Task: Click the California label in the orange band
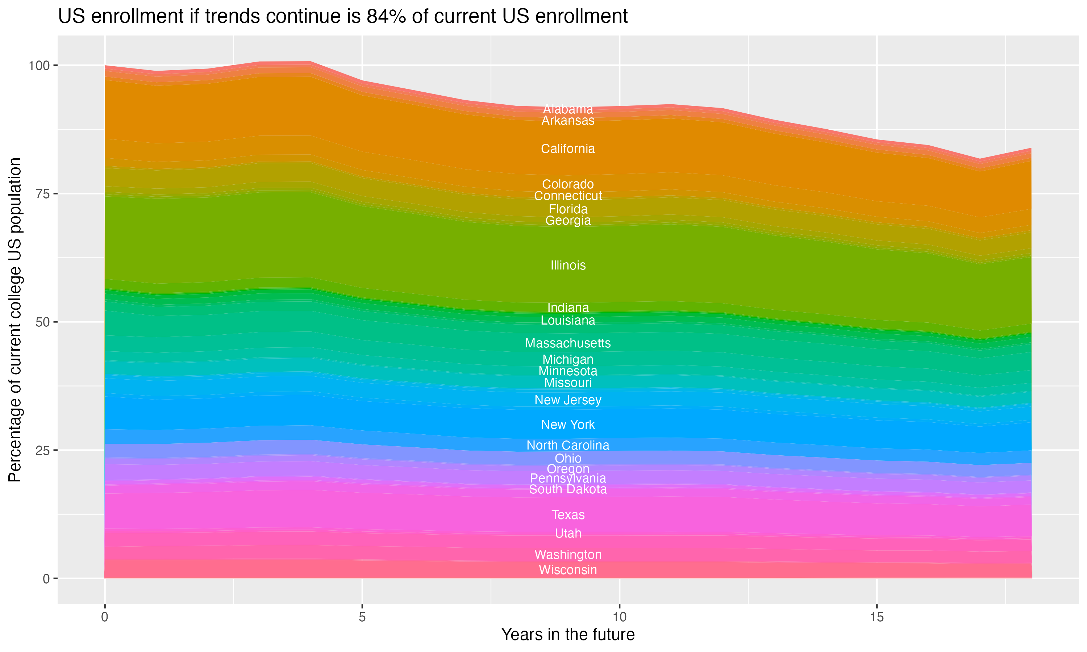[568, 149]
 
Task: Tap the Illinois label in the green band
[568, 266]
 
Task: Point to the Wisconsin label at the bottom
[568, 570]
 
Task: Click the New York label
[568, 425]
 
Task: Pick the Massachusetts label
[568, 343]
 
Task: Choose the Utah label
[568, 534]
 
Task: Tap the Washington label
[568, 555]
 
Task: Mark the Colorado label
[568, 184]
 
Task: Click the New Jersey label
[568, 400]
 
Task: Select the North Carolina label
[568, 446]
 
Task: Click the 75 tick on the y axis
[43, 194]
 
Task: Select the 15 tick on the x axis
[876, 617]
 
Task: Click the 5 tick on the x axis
[362, 617]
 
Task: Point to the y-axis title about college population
[15, 320]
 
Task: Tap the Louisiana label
[568, 321]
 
